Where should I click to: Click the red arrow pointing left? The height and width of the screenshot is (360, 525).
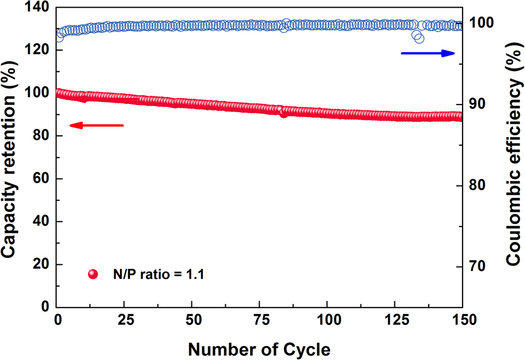point(96,125)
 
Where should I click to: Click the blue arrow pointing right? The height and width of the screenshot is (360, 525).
point(428,53)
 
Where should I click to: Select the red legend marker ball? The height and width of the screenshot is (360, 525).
point(92,274)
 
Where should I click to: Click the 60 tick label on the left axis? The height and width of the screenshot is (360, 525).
point(43,179)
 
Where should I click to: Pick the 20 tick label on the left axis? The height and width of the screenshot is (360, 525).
point(43,264)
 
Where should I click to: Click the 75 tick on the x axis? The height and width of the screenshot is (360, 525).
point(260,320)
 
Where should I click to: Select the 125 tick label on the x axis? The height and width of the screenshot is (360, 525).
point(395,320)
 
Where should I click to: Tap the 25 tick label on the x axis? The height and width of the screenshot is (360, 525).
point(125,320)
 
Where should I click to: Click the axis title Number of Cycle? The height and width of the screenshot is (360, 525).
point(259,349)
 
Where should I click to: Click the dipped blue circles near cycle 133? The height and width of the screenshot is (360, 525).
point(418,37)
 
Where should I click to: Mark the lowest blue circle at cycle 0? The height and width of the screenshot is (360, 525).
point(58,37)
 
